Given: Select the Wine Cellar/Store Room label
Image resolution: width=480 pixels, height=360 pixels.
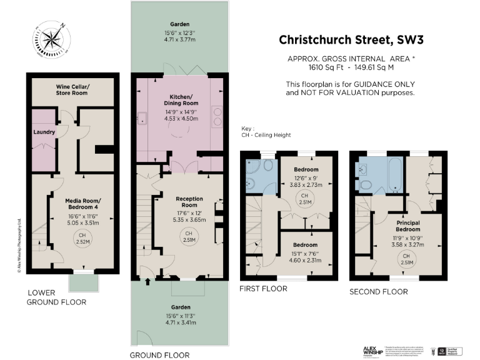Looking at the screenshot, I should point(72,89).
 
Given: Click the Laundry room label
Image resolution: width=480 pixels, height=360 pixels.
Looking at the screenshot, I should point(44,132).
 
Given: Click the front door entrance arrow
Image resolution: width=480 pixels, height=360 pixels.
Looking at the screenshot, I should point(147,282).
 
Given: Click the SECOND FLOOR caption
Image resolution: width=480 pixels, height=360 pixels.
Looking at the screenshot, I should point(378,292).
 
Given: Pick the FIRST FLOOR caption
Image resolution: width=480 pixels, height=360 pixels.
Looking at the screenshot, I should point(263,289).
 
